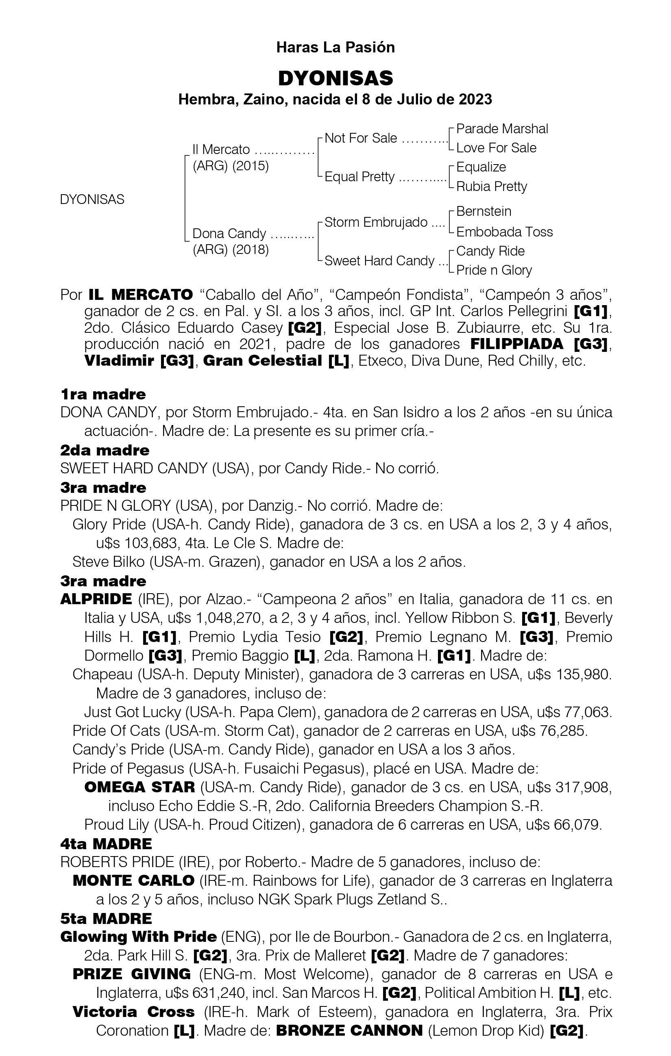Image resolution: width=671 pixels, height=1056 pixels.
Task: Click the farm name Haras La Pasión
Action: click(335, 48)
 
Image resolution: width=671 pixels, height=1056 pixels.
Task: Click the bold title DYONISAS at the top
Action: click(335, 78)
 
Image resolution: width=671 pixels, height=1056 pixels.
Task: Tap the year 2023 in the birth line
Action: click(475, 100)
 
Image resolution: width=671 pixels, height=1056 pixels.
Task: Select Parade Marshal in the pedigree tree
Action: click(502, 129)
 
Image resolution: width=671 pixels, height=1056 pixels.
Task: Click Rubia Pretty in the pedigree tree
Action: click(492, 186)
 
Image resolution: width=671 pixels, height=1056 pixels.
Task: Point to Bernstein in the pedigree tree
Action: click(484, 211)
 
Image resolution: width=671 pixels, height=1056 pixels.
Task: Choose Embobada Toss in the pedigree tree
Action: click(504, 232)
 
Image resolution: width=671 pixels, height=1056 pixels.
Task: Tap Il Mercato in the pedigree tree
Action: click(221, 150)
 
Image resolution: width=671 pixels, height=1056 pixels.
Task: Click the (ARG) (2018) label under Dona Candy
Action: click(231, 250)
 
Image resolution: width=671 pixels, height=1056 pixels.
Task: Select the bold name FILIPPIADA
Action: click(516, 344)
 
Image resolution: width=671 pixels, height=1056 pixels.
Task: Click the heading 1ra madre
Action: click(103, 394)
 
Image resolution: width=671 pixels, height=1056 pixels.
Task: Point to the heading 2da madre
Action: click(105, 450)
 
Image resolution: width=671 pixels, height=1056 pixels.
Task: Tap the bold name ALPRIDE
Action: click(96, 599)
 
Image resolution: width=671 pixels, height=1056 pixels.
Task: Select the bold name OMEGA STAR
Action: click(139, 787)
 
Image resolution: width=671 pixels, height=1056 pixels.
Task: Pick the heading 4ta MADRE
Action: click(106, 844)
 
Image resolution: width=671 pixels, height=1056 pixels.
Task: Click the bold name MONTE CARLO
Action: click(133, 880)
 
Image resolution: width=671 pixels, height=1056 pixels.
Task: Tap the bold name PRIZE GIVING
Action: click(132, 974)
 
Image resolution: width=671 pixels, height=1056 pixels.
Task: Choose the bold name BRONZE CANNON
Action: click(349, 1030)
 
